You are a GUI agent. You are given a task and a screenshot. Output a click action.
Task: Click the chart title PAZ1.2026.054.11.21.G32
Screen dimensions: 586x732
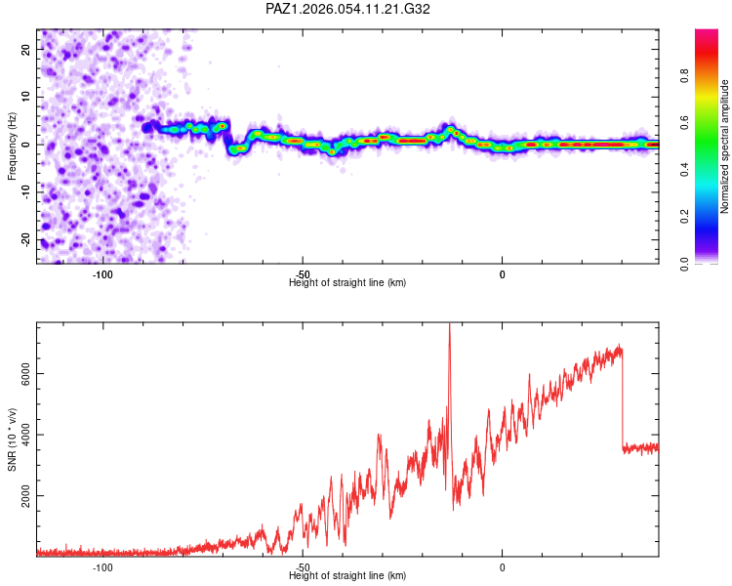[348, 9]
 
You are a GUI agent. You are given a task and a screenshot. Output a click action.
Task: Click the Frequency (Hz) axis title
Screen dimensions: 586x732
[12, 145]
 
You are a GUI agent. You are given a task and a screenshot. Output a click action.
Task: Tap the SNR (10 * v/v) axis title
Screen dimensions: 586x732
[12, 438]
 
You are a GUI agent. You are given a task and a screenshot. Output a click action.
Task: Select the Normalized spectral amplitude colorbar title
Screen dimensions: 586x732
[724, 146]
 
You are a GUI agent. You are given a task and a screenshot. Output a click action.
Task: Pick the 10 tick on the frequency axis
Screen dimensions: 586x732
[26, 97]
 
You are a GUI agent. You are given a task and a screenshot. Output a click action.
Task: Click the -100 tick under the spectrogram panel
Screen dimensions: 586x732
[102, 273]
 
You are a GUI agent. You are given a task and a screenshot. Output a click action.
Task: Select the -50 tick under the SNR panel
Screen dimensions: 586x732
[303, 567]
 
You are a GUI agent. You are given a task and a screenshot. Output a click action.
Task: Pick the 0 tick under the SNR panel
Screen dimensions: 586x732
[503, 567]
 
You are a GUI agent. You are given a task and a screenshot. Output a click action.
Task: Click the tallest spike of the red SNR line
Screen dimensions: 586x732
[449, 326]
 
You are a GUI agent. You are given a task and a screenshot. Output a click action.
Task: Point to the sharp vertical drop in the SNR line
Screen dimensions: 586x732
[623, 400]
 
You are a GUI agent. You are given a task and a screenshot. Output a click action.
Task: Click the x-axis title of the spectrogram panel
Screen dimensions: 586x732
[347, 282]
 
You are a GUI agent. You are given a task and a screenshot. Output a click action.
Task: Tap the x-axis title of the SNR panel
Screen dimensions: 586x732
[347, 576]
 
